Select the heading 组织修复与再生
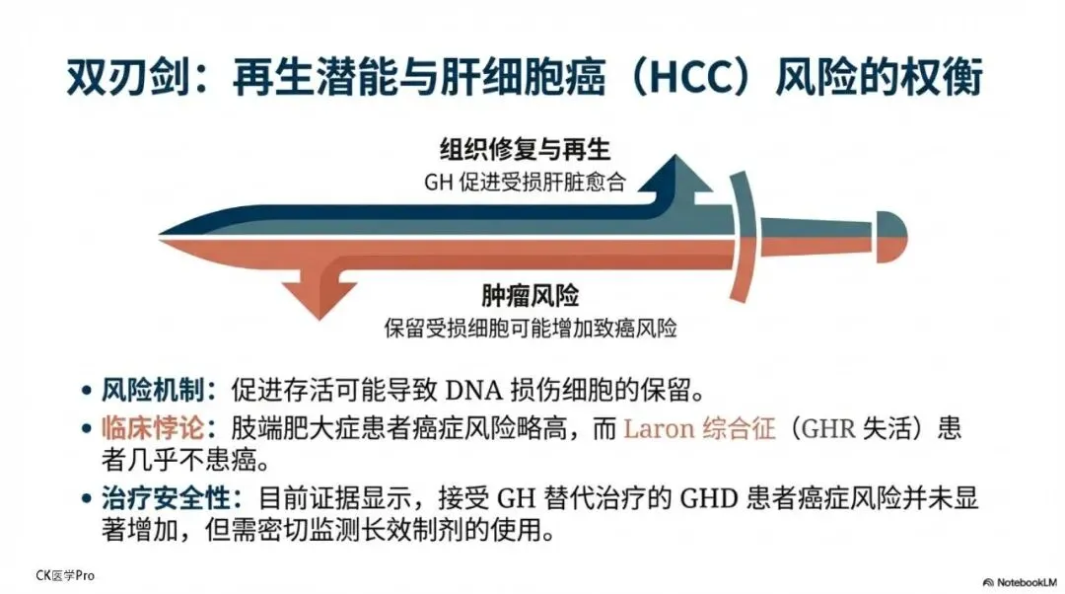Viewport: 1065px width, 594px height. pyautogui.click(x=525, y=150)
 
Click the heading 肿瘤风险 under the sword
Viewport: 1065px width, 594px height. pyautogui.click(x=530, y=296)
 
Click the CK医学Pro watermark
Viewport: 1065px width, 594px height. pyautogui.click(x=65, y=575)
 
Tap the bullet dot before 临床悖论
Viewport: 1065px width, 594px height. pyautogui.click(x=88, y=430)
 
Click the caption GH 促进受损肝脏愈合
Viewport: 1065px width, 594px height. pyautogui.click(x=525, y=182)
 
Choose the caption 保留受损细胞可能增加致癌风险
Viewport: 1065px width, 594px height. pyautogui.click(x=531, y=328)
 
